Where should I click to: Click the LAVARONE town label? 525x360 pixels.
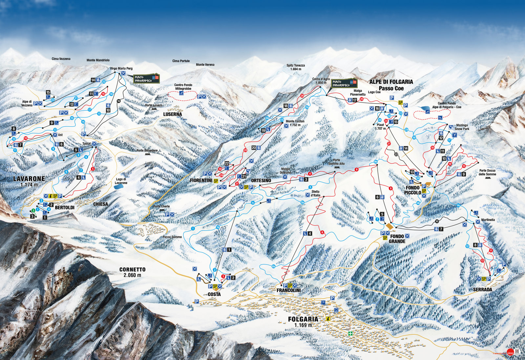coord(29,179)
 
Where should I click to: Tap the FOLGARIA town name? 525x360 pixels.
coord(303,319)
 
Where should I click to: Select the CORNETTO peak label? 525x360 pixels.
coord(132,269)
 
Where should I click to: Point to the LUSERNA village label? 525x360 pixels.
coord(173,114)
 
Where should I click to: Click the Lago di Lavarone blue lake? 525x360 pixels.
coord(118,186)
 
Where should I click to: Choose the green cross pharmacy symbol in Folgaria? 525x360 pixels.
coord(350,333)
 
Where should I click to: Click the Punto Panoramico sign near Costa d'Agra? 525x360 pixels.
coord(344,83)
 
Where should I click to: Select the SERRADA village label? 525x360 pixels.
coord(482,289)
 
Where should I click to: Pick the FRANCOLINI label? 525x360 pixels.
coord(288,291)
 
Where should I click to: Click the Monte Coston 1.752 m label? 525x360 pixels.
coord(295,123)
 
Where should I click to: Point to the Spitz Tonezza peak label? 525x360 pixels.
coord(295,67)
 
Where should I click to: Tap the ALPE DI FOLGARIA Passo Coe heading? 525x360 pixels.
coord(391,85)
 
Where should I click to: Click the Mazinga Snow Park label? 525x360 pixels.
coord(462,127)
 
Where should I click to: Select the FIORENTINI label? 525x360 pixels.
coord(201,180)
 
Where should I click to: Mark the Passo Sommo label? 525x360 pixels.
coord(172,237)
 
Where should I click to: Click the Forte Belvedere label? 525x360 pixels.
coord(147,151)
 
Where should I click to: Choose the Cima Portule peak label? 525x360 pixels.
coord(181,61)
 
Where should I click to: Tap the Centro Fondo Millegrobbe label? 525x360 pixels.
coord(183,87)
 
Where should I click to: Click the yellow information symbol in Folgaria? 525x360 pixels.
coord(327,319)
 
